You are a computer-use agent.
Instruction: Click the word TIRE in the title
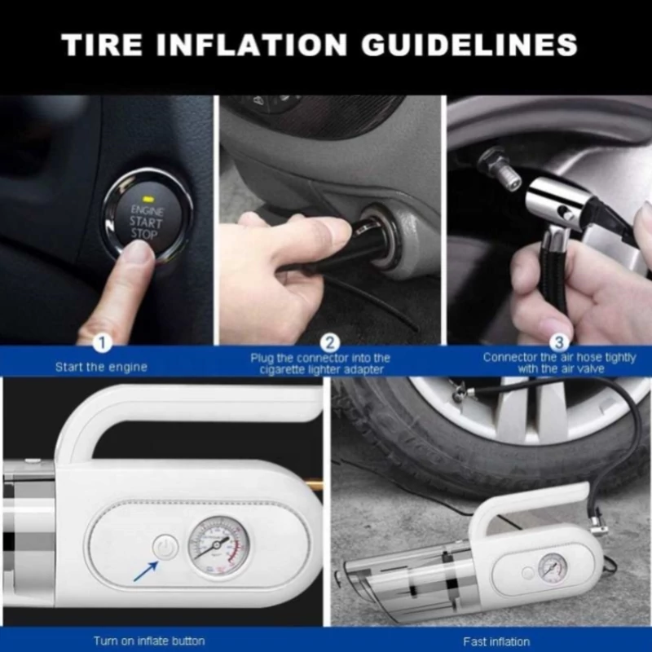click(x=101, y=45)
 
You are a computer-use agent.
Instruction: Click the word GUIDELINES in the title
click(x=469, y=45)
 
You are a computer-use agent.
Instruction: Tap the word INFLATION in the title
click(x=252, y=45)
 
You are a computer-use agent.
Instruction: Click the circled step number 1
click(x=103, y=343)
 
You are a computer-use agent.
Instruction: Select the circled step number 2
click(x=330, y=343)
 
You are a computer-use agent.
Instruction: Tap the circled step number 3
click(x=559, y=343)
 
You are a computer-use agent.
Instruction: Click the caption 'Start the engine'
click(x=101, y=368)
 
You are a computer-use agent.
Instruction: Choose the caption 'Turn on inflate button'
click(x=149, y=641)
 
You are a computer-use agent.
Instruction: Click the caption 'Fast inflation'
click(x=496, y=641)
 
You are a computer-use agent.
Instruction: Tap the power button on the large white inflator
click(x=165, y=547)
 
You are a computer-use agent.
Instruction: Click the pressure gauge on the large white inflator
click(x=218, y=546)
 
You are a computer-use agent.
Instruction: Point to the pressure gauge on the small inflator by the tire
click(x=553, y=569)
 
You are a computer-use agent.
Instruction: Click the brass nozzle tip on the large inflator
click(x=315, y=484)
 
